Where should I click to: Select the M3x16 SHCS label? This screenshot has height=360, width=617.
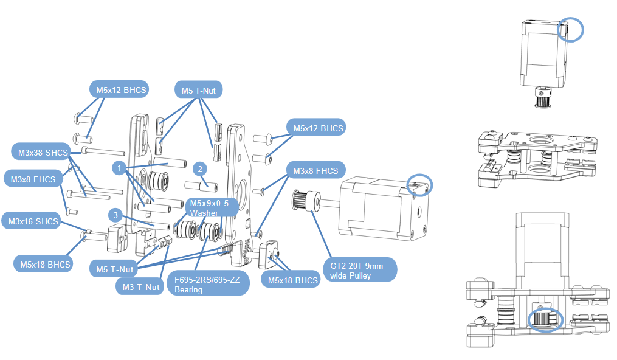tap(33, 221)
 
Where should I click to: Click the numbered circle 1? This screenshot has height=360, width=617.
tap(120, 166)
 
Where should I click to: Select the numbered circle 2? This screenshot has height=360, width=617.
tap(199, 168)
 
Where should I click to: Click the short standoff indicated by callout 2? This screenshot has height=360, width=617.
tap(205, 184)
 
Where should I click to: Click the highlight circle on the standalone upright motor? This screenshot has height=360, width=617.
tap(570, 29)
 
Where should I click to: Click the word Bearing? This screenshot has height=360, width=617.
tap(188, 290)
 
